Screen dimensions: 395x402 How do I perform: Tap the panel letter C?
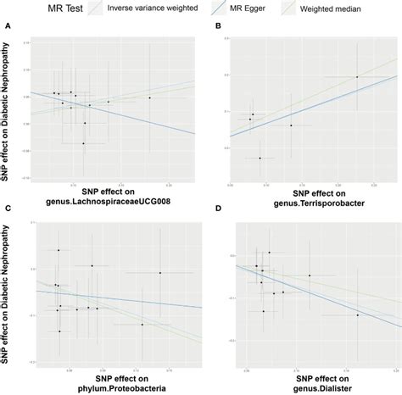[8, 207]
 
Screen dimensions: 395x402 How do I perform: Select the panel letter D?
[219, 207]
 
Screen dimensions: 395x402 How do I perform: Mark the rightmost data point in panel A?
[150, 97]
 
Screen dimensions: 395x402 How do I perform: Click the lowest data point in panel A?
[83, 143]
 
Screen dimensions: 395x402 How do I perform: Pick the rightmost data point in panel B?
[357, 77]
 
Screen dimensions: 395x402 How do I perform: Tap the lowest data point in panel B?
[260, 158]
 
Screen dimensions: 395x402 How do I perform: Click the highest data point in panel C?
[59, 250]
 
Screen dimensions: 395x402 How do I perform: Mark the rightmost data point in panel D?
[357, 315]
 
